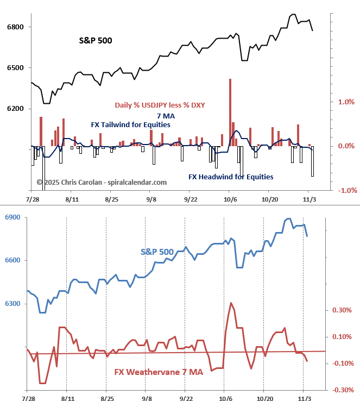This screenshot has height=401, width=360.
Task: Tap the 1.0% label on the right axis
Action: (347, 102)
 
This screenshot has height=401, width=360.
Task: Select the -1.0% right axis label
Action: (346, 190)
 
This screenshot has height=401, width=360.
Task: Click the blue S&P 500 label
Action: (157, 252)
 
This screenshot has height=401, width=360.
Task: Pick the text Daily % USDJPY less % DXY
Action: (159, 105)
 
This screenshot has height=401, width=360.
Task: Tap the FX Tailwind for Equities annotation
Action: (130, 124)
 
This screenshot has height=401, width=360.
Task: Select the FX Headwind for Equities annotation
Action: (231, 177)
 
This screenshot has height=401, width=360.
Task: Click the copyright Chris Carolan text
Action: (102, 183)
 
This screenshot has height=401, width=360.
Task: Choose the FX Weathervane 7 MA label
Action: (158, 372)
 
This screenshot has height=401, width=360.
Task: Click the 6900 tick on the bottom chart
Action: (13, 217)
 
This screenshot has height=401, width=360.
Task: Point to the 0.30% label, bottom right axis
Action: (342, 310)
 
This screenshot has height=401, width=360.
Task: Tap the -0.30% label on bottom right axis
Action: (341, 390)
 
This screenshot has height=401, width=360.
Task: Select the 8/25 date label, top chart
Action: (111, 199)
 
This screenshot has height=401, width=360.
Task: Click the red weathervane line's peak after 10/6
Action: (231, 303)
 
